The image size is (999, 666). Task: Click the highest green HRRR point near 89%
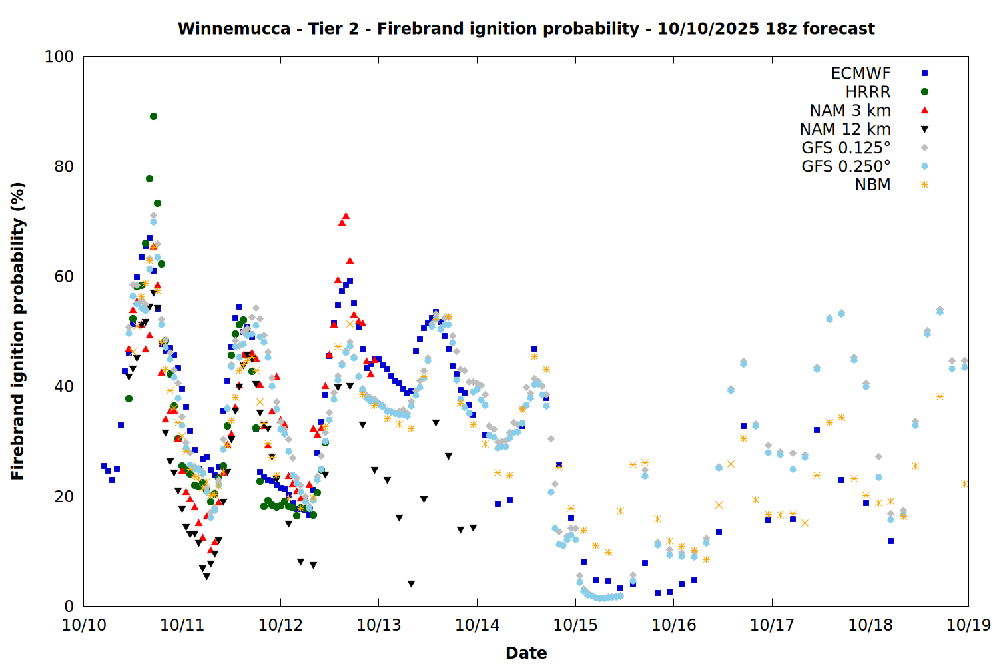pyautogui.click(x=153, y=116)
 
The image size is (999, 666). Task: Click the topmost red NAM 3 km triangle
pyautogui.click(x=346, y=216)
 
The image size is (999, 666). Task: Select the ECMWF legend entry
pyautogui.click(x=860, y=73)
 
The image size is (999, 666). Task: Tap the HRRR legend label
pyautogui.click(x=868, y=92)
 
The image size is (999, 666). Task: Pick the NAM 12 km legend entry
pyautogui.click(x=845, y=129)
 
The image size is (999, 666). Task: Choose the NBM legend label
pyautogui.click(x=872, y=185)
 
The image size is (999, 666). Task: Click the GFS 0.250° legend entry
pyautogui.click(x=846, y=166)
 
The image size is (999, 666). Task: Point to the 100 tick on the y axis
pyautogui.click(x=59, y=57)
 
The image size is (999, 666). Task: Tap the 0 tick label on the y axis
pyautogui.click(x=69, y=606)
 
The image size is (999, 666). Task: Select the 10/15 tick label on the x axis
pyautogui.click(x=575, y=625)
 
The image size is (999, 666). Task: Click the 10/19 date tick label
pyautogui.click(x=968, y=625)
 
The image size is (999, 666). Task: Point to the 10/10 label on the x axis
pyautogui.click(x=84, y=625)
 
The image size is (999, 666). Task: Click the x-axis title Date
pyautogui.click(x=526, y=653)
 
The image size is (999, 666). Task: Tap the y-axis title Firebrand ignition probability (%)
pyautogui.click(x=17, y=331)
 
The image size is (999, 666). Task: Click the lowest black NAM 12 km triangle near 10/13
pyautogui.click(x=411, y=584)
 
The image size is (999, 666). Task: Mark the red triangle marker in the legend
pyautogui.click(x=924, y=111)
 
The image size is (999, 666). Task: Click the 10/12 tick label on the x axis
pyautogui.click(x=280, y=625)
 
